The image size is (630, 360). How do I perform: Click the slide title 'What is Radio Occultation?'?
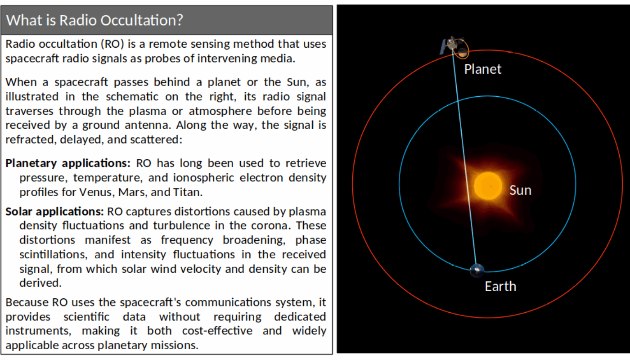(94, 20)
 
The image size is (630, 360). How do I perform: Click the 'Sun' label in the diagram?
(520, 190)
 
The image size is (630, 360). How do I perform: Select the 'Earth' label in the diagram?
(500, 287)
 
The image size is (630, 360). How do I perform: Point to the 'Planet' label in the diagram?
(482, 69)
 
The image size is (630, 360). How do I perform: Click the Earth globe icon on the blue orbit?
(477, 270)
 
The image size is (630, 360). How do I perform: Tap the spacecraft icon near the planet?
(449, 45)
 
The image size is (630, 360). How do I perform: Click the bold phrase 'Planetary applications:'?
(68, 163)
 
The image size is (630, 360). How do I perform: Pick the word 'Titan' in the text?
(187, 192)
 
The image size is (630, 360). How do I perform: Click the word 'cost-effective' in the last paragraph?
(217, 331)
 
